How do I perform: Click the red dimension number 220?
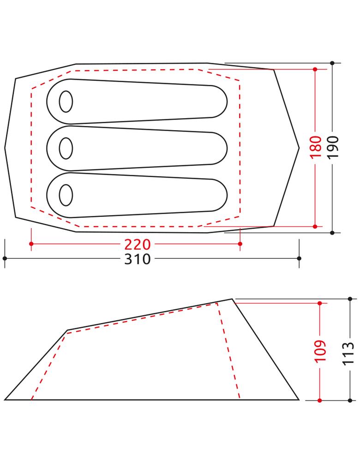pyautogui.click(x=138, y=244)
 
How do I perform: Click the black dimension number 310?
pyautogui.click(x=138, y=259)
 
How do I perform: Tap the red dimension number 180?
pyautogui.click(x=316, y=147)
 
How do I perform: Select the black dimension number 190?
pyautogui.click(x=333, y=147)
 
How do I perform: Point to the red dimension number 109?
pyautogui.click(x=320, y=351)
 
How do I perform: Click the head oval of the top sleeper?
pyautogui.click(x=66, y=102)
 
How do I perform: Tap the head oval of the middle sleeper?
pyautogui.click(x=66, y=148)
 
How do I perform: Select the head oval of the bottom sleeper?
pyautogui.click(x=66, y=195)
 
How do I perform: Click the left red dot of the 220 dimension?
pyautogui.click(x=31, y=244)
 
